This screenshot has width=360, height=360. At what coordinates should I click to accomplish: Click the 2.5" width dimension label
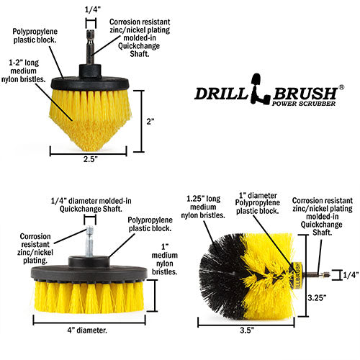91,159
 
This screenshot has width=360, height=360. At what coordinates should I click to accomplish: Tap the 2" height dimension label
150,122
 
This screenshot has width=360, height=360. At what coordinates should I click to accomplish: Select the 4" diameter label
87,330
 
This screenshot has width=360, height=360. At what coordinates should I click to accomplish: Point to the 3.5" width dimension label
247,330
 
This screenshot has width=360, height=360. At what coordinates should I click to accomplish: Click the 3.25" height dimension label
317,297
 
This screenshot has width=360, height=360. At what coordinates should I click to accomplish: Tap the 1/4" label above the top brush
93,9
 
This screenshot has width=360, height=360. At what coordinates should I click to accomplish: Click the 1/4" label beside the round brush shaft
351,274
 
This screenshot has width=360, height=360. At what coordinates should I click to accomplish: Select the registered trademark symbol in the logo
341,88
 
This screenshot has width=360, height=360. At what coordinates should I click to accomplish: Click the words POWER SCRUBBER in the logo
304,104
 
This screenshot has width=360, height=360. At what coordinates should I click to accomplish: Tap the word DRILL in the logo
221,94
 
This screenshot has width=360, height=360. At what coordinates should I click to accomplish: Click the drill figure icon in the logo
260,89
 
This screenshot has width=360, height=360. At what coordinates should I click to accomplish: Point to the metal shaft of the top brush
90,47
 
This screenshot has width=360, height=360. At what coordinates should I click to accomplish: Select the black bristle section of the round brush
221,276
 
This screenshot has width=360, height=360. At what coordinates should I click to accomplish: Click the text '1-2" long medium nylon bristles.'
24,71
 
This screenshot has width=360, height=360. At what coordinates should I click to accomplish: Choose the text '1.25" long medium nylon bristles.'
203,207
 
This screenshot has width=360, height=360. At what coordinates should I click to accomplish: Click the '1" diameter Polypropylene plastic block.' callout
257,203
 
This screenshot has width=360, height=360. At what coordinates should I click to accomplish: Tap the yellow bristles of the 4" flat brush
89,297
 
